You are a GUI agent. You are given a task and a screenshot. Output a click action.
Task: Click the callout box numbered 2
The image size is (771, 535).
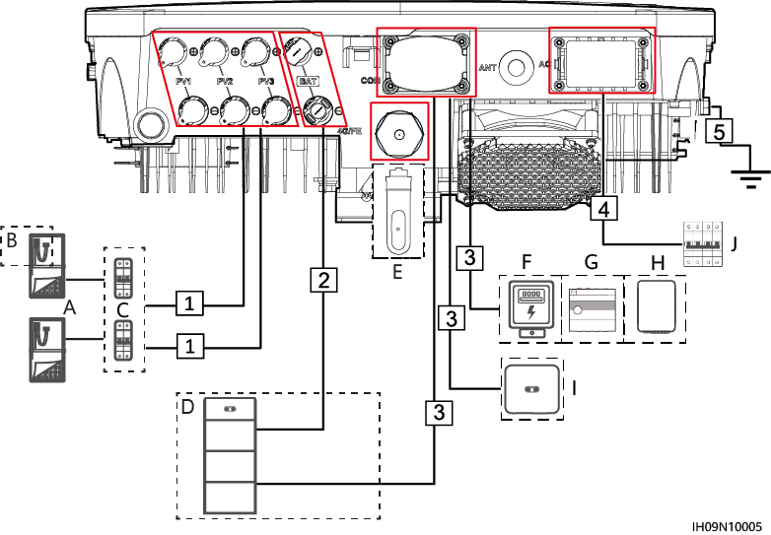(x=322, y=280)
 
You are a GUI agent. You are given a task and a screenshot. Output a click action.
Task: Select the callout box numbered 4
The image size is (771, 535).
(x=604, y=209)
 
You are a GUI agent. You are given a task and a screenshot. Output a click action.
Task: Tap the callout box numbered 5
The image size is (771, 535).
(x=720, y=131)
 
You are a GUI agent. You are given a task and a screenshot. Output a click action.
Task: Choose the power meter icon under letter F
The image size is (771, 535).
(x=531, y=307)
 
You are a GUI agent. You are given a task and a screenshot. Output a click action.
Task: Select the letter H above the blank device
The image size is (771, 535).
(x=658, y=263)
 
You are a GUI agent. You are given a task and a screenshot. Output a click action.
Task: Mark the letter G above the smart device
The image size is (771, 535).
(x=591, y=263)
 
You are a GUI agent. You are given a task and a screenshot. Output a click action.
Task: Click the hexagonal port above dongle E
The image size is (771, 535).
(x=398, y=133)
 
